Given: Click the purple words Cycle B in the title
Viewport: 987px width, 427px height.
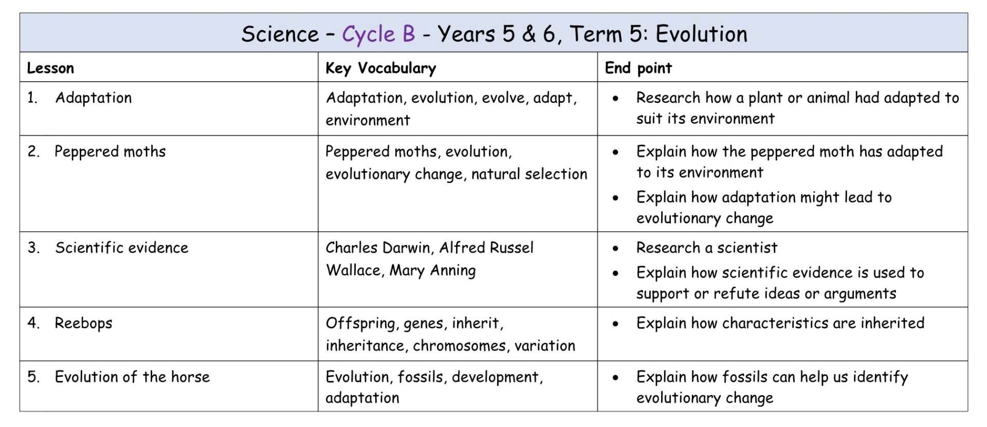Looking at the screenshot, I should point(378,34).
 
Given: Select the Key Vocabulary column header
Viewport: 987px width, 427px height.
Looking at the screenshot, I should point(381,68).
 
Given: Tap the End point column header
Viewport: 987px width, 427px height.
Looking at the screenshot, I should point(638,68).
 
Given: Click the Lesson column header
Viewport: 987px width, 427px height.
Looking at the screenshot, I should point(50,68).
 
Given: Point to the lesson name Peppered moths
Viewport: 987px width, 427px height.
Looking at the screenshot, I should point(110,152).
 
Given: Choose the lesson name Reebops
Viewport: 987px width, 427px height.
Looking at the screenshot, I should point(83,323).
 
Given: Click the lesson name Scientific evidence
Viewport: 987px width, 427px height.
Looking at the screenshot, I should point(122,248).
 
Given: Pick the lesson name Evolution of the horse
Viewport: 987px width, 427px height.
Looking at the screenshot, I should point(132,377).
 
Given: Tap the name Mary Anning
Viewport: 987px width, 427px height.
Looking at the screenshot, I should point(432,270).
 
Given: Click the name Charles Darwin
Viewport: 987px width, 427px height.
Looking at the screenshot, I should point(378,248).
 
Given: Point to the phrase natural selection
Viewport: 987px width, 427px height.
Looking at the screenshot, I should point(529,174).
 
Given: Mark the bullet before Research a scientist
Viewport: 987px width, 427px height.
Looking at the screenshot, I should point(615,249).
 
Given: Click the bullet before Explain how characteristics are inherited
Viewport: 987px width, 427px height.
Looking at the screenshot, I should point(615,324).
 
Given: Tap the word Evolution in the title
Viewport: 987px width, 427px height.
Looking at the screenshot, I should point(701,34).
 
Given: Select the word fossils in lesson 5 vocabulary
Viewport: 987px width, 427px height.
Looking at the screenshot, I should point(421,377).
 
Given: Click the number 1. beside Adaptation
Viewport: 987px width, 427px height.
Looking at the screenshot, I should point(32,98).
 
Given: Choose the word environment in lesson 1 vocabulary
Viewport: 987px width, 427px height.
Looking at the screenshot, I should point(368,120).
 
